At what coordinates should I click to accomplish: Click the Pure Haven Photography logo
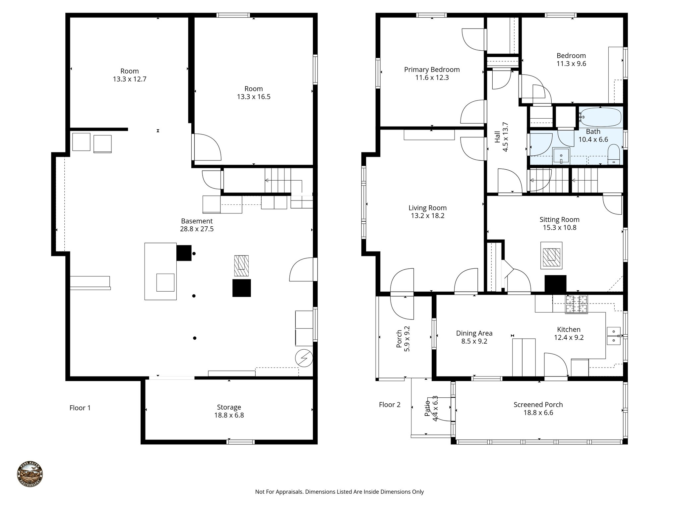[30, 474]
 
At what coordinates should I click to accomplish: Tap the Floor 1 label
[80, 408]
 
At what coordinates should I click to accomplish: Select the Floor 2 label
[390, 405]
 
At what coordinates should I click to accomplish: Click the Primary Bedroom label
[432, 70]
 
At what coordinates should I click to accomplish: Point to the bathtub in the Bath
[600, 117]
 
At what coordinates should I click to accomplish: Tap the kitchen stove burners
[576, 304]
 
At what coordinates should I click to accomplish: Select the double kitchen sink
[614, 336]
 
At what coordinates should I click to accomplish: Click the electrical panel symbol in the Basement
[304, 358]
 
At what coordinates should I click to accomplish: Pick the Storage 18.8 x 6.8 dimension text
[229, 415]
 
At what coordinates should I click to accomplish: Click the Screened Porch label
[538, 405]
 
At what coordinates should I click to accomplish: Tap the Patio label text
[427, 408]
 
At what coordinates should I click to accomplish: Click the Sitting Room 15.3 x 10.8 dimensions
[560, 228]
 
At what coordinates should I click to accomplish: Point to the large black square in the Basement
[241, 288]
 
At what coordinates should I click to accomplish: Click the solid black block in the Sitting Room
[555, 284]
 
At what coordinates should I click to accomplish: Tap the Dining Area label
[474, 333]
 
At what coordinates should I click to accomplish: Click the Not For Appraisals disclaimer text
[339, 492]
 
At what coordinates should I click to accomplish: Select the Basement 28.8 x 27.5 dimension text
[197, 229]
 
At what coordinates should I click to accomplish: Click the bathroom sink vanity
[561, 156]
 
